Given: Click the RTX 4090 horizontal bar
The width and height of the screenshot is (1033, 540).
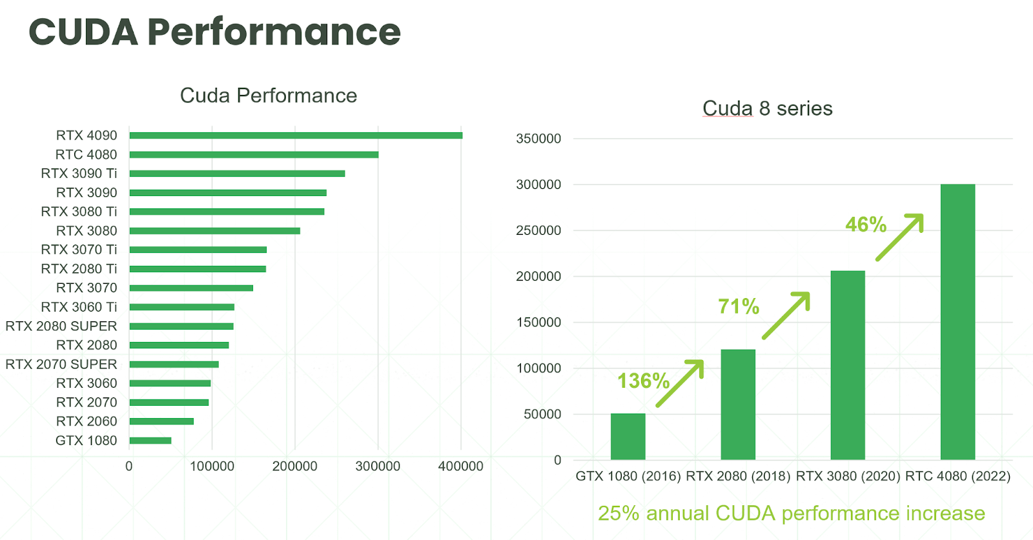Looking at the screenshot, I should click(296, 135).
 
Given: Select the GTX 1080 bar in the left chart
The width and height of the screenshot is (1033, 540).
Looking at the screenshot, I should click(150, 441).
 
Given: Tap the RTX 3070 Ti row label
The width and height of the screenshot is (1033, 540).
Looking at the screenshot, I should click(79, 250).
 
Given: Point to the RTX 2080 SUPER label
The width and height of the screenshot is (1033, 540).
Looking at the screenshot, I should click(61, 326).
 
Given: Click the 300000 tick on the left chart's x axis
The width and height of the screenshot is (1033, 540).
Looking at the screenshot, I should click(378, 466).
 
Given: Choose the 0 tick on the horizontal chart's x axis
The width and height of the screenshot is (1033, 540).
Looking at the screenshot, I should click(129, 466).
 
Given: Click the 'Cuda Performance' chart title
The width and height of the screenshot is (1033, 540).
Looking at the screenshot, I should click(269, 95).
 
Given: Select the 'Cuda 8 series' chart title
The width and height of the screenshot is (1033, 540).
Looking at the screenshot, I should click(768, 108).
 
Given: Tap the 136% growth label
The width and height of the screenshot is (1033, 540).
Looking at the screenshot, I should click(643, 381).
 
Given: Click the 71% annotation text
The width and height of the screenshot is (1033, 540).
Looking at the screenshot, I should click(739, 306).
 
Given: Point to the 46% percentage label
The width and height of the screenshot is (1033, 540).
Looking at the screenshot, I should click(866, 225).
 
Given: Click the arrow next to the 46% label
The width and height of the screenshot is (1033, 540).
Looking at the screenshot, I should click(900, 237).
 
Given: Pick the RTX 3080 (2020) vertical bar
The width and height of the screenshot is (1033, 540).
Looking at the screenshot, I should click(848, 365).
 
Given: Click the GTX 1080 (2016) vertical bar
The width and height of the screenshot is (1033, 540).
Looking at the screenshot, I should click(628, 437).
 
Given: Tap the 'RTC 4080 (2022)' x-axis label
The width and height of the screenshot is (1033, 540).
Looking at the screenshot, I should click(957, 476).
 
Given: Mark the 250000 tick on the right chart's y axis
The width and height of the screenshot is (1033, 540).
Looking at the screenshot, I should click(538, 230).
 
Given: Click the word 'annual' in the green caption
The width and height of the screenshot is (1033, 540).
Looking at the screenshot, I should click(677, 513).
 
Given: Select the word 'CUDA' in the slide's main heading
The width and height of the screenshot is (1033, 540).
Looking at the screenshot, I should click(84, 32).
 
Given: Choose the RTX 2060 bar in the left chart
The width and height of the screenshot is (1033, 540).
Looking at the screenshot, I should click(161, 421).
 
